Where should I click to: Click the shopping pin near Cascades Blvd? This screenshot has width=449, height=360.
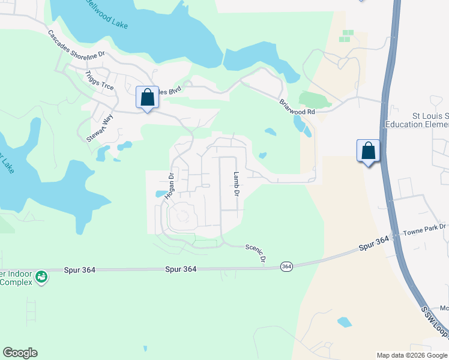pos(147,98)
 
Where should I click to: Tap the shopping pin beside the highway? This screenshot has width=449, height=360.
pos(368,151)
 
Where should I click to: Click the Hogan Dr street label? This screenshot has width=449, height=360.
pos(170,185)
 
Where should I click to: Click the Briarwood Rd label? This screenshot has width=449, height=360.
pos(297,107)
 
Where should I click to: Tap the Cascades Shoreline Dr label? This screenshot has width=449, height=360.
pos(76,45)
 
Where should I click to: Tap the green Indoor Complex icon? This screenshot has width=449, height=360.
pos(41,277)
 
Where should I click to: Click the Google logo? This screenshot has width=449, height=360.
pos(20,353)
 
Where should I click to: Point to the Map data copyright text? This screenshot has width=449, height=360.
pos(412,355)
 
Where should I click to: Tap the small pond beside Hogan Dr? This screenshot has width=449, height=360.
pos(160,194)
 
